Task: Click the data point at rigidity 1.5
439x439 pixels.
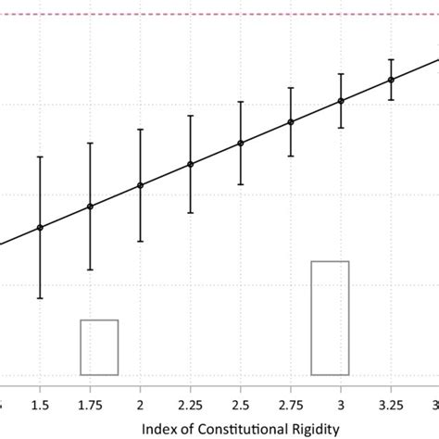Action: click(x=40, y=228)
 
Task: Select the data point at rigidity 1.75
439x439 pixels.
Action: click(x=90, y=207)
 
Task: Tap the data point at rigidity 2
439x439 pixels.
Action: click(x=141, y=185)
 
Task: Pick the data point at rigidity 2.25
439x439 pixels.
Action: click(x=191, y=165)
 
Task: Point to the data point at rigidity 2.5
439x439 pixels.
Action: click(x=241, y=143)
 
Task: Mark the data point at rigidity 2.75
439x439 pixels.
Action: click(x=291, y=121)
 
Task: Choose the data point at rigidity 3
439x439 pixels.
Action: click(x=341, y=101)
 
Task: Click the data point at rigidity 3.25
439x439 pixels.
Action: click(x=391, y=80)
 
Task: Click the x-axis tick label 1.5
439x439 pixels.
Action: click(x=40, y=405)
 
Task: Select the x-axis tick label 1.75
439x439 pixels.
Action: click(x=90, y=405)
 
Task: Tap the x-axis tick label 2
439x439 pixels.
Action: click(x=141, y=405)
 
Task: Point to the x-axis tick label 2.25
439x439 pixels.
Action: click(x=191, y=405)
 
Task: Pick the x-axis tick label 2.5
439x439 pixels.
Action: click(x=241, y=405)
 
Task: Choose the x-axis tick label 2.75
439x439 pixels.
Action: click(x=291, y=405)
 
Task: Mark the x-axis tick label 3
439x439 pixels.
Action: click(x=341, y=405)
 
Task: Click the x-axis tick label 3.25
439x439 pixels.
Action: click(x=391, y=405)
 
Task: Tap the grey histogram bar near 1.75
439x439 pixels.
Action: click(x=99, y=347)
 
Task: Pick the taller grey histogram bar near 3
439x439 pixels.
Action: click(x=330, y=318)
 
